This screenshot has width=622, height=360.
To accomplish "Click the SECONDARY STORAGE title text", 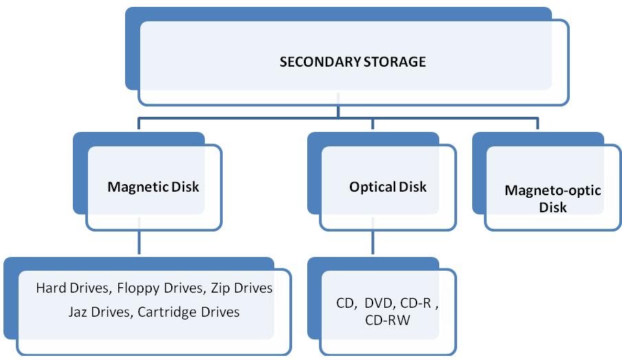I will pos(352,63).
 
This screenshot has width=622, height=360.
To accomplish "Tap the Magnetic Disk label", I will pos(153,187).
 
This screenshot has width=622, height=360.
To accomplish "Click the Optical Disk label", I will pos(388,187).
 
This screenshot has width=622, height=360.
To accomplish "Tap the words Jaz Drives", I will pos(99,312).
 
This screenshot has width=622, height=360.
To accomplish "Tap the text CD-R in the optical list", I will pos(415,303).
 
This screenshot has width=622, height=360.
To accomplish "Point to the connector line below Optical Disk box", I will pos(373,244).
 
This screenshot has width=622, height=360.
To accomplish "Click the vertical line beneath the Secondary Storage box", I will pos(337,111).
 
